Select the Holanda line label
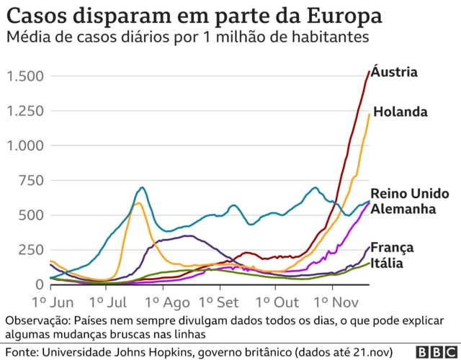400,112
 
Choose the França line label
392,248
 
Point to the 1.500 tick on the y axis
25,76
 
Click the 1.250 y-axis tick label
25,111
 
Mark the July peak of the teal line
142,188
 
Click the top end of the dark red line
370,71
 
